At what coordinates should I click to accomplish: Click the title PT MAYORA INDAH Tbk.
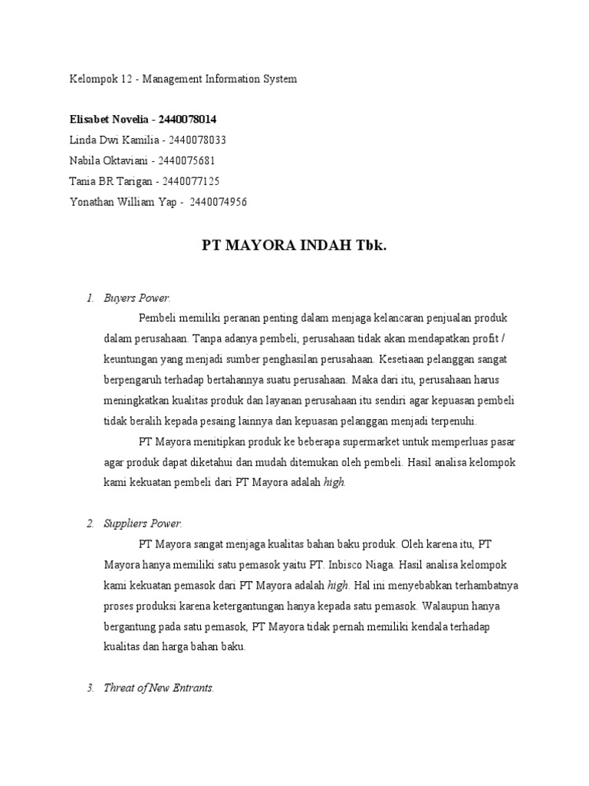point(294,246)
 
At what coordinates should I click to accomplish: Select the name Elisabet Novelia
point(109,120)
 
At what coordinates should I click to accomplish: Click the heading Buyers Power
point(137,298)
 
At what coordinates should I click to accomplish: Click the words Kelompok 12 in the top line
point(95,79)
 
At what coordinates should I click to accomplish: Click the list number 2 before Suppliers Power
point(90,523)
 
